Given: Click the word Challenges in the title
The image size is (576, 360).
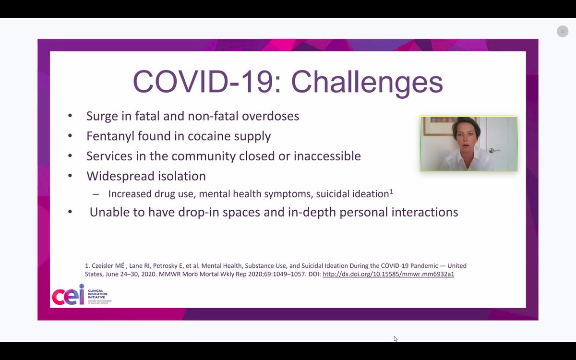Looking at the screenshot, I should pyautogui.click(x=367, y=82).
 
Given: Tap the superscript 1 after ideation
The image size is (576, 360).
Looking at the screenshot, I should pyautogui.click(x=391, y=192).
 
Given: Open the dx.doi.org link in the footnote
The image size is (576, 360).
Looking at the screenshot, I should pyautogui.click(x=388, y=275).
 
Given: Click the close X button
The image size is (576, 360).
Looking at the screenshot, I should pyautogui.click(x=563, y=31).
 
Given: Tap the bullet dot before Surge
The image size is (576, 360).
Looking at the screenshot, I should pyautogui.click(x=70, y=116).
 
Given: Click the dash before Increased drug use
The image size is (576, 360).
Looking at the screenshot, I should pyautogui.click(x=96, y=194).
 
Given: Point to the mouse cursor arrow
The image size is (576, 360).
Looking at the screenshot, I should pyautogui.click(x=395, y=338).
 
